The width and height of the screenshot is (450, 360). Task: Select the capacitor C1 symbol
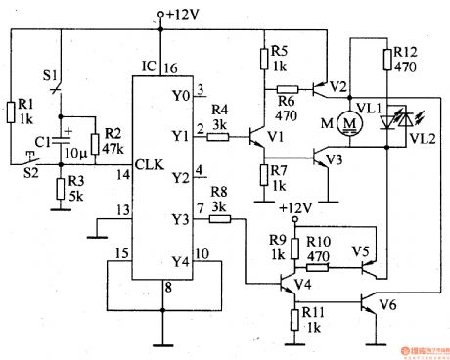[67, 142]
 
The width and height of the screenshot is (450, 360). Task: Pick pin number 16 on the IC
[169, 68]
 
